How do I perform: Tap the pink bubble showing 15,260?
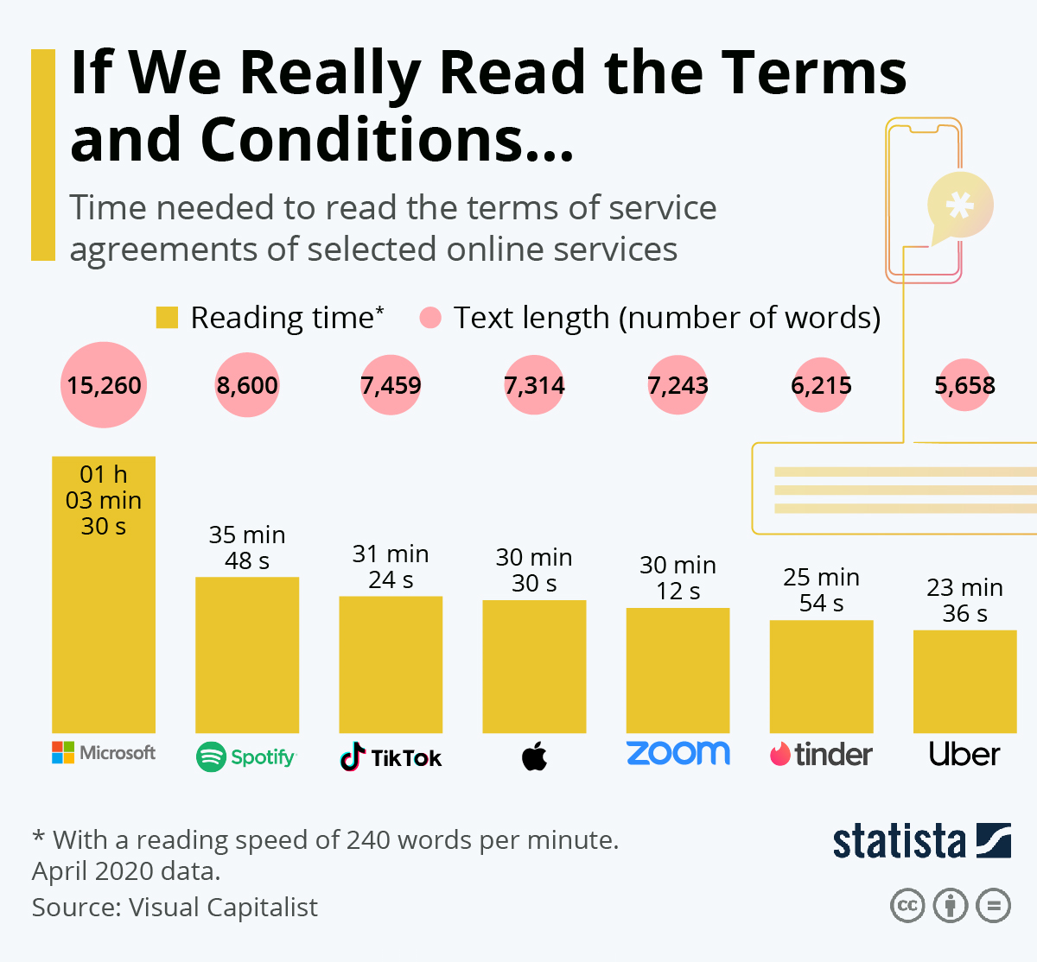104,385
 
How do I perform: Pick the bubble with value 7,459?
391,385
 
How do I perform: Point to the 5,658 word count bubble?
964,385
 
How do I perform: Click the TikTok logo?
391,757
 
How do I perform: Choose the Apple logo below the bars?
535,757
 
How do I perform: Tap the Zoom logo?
678,753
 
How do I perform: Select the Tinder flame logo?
780,754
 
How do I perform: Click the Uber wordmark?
964,754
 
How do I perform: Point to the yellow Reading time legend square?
167,318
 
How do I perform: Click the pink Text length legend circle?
430,318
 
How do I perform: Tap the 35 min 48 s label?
247,548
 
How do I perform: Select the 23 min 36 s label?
964,600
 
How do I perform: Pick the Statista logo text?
899,842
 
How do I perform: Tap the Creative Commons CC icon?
907,906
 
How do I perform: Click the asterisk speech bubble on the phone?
959,206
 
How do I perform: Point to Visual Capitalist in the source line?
223,908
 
